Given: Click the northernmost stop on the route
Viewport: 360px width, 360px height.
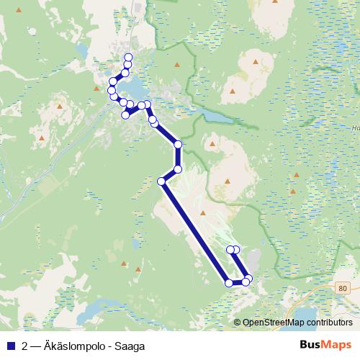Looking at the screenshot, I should (129, 58).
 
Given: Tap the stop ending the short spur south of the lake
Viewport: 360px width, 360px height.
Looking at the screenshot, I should (125, 114).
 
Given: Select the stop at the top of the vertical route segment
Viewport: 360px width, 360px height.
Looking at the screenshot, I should (178, 145).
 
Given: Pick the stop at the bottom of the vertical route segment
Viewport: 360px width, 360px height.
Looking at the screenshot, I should (178, 169).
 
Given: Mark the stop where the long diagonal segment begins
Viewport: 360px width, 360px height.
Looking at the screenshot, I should (162, 181).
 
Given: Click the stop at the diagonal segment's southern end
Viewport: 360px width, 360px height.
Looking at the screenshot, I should (230, 283).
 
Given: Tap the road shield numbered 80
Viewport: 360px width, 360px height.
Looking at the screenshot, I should (341, 288).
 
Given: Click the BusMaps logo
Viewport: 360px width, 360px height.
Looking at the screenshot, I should (325, 346).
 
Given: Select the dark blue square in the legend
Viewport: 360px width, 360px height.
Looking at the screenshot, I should (10, 346).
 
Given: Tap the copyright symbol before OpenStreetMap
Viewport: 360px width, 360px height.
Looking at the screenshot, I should (238, 322).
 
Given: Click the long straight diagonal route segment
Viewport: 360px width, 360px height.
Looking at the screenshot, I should (194, 230).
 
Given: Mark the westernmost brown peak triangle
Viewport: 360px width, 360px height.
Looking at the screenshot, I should (42, 138).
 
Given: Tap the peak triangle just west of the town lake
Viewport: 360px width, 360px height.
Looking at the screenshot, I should (96, 89).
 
